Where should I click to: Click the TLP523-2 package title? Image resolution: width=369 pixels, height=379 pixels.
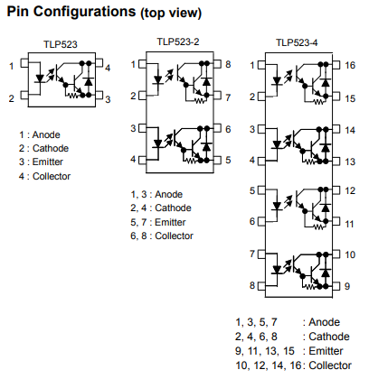(x=178, y=42)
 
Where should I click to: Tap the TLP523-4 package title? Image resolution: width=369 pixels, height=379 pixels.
(x=297, y=42)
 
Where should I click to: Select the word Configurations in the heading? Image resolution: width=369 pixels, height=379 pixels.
(x=84, y=12)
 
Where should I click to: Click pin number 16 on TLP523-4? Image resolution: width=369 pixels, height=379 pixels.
(x=350, y=65)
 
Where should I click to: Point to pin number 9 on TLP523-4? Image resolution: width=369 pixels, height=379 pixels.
(x=347, y=286)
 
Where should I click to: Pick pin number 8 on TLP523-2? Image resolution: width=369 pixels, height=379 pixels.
(x=228, y=64)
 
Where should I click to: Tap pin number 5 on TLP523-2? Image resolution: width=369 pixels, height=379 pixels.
(x=228, y=160)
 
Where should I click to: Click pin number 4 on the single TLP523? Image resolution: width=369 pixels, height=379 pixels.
(x=108, y=68)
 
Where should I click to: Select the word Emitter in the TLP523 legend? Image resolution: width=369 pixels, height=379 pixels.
(x=48, y=162)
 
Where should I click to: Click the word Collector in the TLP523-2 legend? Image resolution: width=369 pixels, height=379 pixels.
(x=174, y=236)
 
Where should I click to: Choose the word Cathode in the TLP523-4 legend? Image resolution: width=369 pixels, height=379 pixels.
(x=329, y=337)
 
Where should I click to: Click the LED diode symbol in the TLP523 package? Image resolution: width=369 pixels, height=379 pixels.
(x=40, y=79)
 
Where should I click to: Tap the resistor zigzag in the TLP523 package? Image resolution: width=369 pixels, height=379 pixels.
(x=73, y=96)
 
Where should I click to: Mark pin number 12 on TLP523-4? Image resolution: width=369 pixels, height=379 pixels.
(x=350, y=190)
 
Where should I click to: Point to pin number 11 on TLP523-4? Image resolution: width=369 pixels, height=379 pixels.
(x=349, y=224)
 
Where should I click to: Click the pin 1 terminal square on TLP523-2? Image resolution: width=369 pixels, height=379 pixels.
(x=142, y=64)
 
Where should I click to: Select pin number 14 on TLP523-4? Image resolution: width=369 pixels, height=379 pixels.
(x=350, y=130)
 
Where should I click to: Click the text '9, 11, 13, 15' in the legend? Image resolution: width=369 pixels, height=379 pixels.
(x=265, y=351)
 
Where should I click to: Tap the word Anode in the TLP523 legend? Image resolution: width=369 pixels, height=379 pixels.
(x=46, y=134)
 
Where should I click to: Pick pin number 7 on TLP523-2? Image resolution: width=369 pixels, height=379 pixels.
(x=228, y=97)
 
